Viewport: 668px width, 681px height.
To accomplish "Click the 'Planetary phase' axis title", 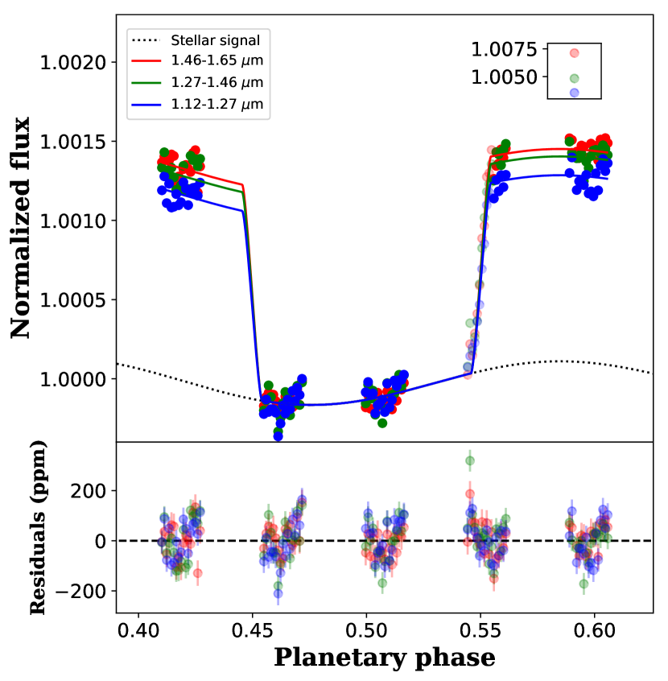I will coord(385,658).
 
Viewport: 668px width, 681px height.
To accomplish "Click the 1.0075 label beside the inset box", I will coord(504,50).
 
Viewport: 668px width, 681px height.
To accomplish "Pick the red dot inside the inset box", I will coord(575,53).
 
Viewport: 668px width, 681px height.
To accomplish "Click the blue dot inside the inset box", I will coord(575,93).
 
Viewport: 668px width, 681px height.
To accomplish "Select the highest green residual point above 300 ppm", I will coord(470,461).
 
